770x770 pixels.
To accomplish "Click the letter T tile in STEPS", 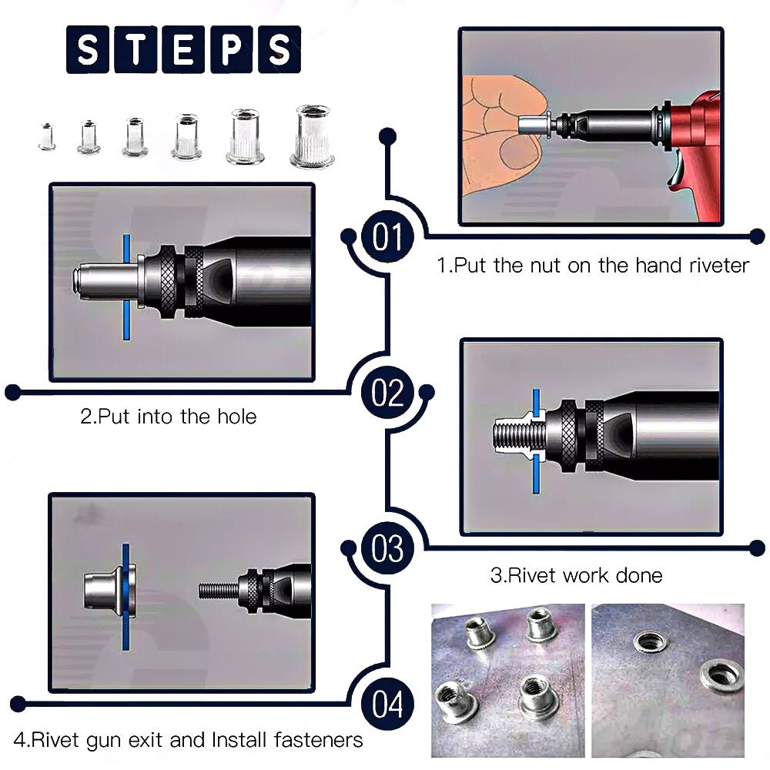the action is click(136, 49).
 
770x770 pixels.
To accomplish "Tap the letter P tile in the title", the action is click(231, 49).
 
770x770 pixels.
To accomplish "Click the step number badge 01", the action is click(387, 236).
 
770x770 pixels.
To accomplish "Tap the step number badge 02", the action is click(387, 393).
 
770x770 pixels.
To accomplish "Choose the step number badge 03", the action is click(387, 548).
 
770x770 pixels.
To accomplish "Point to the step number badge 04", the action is click(387, 705).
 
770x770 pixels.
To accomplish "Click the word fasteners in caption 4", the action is click(319, 739).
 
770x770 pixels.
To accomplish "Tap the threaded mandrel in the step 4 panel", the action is click(219, 590).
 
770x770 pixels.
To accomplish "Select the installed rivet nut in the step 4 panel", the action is click(110, 591).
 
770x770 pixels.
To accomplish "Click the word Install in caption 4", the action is click(240, 739).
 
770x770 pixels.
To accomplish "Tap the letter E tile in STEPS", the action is click(183, 49).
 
